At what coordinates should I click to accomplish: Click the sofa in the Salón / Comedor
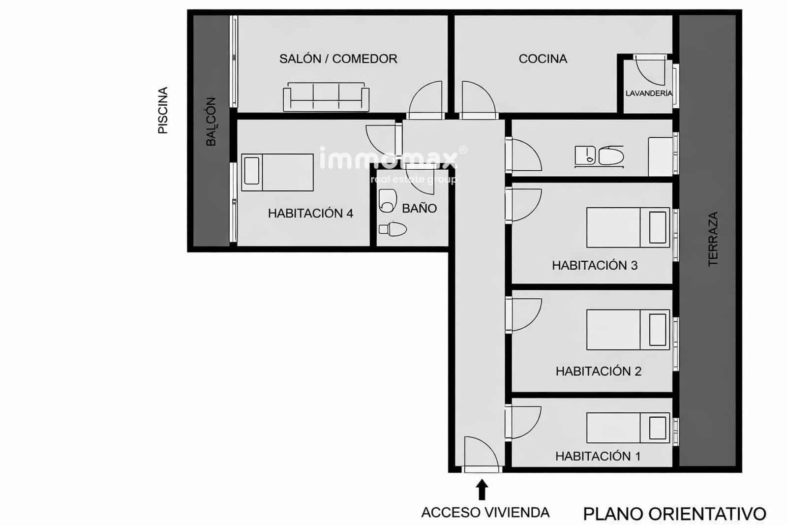pyautogui.click(x=326, y=97)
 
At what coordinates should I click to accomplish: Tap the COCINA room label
pyautogui.click(x=543, y=59)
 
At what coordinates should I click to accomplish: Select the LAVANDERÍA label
pyautogui.click(x=648, y=93)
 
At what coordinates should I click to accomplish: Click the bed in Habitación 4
pyautogui.click(x=277, y=172)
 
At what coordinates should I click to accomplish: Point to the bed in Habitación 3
pyautogui.click(x=628, y=227)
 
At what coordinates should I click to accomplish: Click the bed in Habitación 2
pyautogui.click(x=628, y=330)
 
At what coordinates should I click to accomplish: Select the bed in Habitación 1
pyautogui.click(x=628, y=428)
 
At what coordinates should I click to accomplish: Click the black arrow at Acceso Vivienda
pyautogui.click(x=483, y=490)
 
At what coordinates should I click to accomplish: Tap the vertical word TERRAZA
pyautogui.click(x=713, y=239)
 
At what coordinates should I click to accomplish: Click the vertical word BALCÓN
pyautogui.click(x=211, y=122)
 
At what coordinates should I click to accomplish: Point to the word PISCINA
pyautogui.click(x=163, y=110)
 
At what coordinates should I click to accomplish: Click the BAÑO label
pyautogui.click(x=419, y=209)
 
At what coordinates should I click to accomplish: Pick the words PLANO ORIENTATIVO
pyautogui.click(x=674, y=514)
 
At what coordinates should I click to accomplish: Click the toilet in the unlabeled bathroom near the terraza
pyautogui.click(x=611, y=155)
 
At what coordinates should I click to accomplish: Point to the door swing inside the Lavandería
pyautogui.click(x=650, y=70)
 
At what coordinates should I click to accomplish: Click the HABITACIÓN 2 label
pyautogui.click(x=598, y=371)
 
